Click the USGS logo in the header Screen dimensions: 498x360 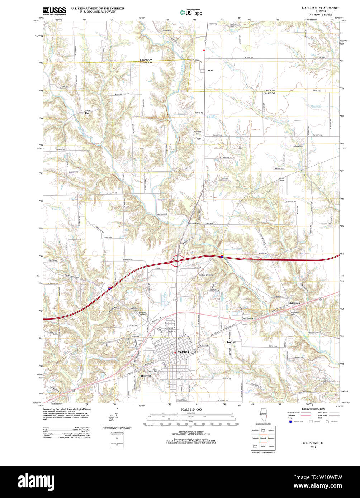pos(55,11)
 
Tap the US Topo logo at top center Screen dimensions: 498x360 pos(191,12)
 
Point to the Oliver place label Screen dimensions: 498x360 pos(210,71)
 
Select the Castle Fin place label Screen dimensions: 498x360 pos(87,112)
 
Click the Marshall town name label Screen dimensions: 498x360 pos(183,352)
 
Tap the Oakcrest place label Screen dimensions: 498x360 pos(146,376)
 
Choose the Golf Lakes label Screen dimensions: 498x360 pos(247,318)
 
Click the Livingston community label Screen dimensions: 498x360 pos(294,303)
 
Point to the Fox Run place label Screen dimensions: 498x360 pos(232,342)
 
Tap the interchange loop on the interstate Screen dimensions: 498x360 pos(178,259)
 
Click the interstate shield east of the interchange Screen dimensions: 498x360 pos(222,256)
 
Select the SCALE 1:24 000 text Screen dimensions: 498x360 pos(191,410)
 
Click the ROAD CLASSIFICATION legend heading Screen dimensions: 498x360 pos(313,409)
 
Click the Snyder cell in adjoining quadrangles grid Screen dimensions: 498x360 pos(263,446)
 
